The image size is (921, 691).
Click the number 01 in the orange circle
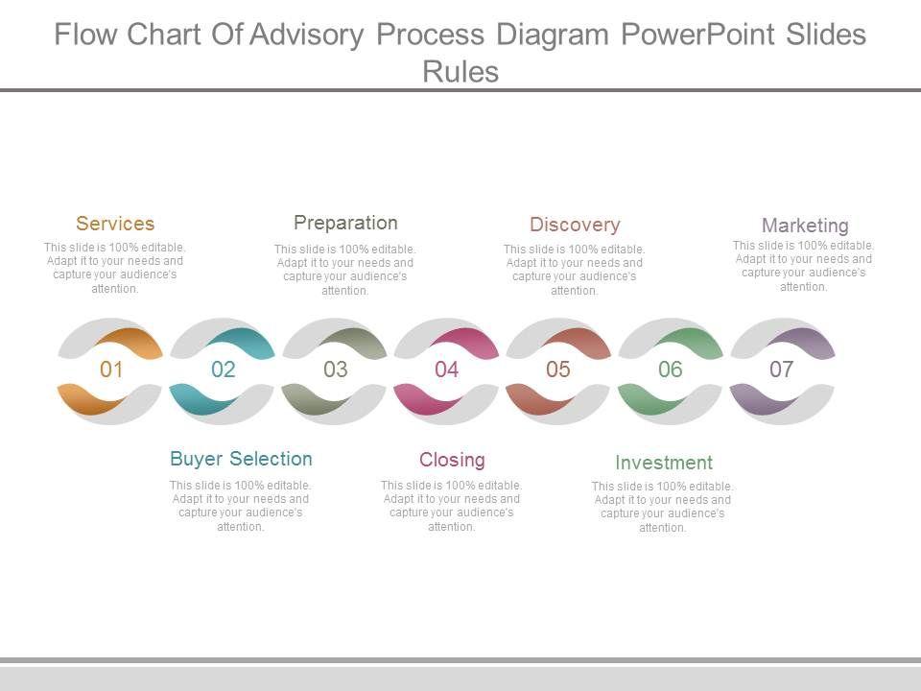(111, 369)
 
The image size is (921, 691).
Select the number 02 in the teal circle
(224, 369)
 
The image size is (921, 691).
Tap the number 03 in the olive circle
(336, 369)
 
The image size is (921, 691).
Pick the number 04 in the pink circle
(447, 369)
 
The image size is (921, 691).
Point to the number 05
(558, 369)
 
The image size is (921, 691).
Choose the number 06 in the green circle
(671, 369)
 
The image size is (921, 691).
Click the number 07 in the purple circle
(782, 369)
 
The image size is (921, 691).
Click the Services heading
(115, 224)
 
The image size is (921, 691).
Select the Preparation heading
(345, 223)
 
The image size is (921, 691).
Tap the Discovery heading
(575, 225)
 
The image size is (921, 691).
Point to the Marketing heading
(805, 226)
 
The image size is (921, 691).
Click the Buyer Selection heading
(241, 459)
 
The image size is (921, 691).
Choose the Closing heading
(452, 460)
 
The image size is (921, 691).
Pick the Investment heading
(664, 463)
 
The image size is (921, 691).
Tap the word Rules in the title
(460, 71)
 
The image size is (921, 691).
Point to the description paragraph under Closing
(452, 506)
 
